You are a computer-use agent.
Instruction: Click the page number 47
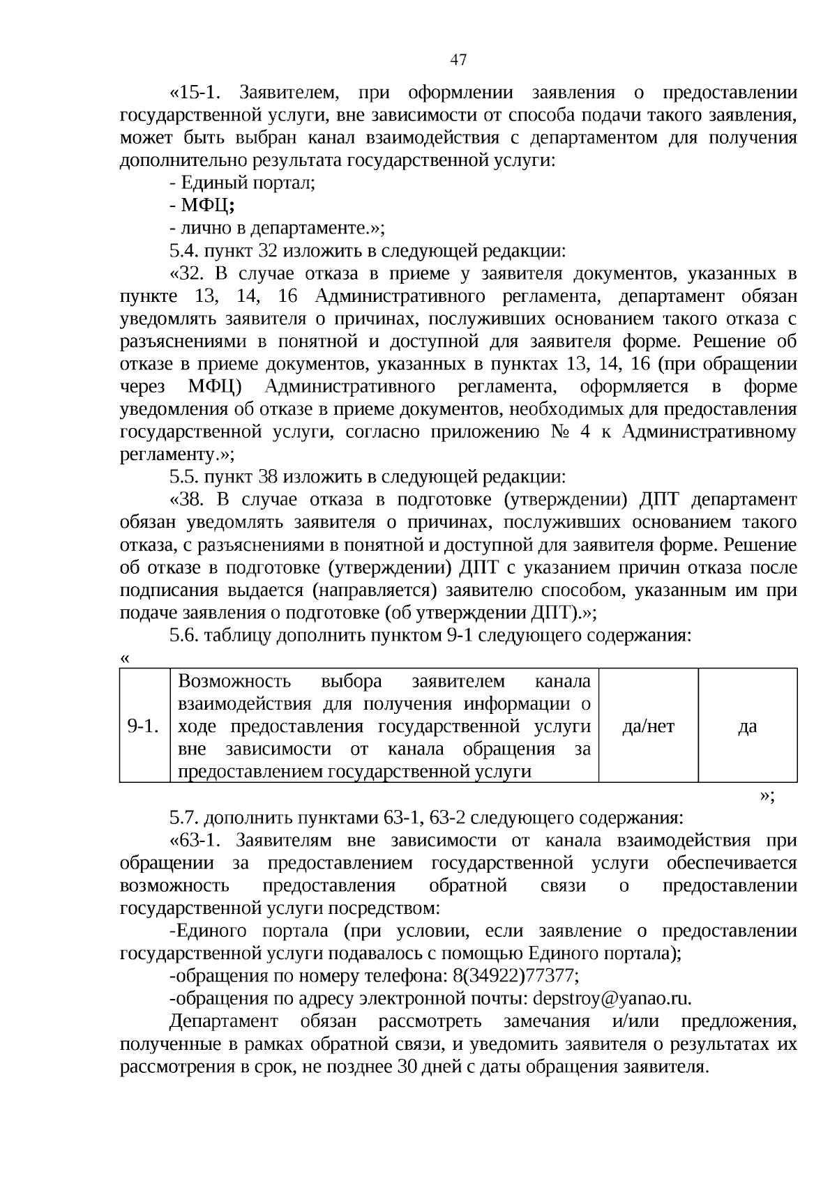(x=458, y=60)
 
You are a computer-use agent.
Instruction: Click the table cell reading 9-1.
(x=144, y=726)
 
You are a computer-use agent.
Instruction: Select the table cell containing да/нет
(x=648, y=726)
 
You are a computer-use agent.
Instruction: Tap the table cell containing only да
(x=747, y=726)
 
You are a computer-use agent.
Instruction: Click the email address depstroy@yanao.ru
(x=612, y=998)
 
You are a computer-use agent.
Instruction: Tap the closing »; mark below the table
(x=767, y=795)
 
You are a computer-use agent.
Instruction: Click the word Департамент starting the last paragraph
(x=223, y=1021)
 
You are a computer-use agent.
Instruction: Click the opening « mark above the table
(x=125, y=658)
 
